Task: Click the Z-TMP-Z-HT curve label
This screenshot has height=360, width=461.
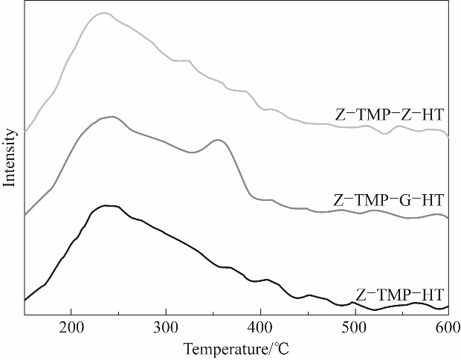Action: [x=390, y=115]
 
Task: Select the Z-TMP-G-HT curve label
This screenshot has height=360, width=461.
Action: [x=389, y=200]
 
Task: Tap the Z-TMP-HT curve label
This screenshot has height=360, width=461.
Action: [x=401, y=294]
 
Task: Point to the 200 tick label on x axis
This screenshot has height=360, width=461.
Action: [x=71, y=329]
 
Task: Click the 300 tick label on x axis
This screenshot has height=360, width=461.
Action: [x=166, y=329]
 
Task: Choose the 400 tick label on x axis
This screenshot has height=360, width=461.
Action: [x=260, y=329]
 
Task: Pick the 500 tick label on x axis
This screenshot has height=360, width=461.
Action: [x=355, y=329]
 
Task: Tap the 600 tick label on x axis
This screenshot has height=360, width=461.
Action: [x=448, y=329]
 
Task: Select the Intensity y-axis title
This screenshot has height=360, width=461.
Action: [x=10, y=157]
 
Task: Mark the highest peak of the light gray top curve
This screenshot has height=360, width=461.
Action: [x=103, y=13]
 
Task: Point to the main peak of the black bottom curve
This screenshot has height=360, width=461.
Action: [x=107, y=205]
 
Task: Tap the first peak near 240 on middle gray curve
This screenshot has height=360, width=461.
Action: [x=111, y=117]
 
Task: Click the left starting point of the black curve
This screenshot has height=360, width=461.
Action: [x=25, y=300]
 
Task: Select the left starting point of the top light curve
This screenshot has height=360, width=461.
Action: [x=25, y=132]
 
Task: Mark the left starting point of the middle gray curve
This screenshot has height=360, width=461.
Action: [x=25, y=216]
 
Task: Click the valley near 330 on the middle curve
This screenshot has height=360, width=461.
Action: [x=192, y=152]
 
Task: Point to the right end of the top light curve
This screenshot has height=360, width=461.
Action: [x=448, y=135]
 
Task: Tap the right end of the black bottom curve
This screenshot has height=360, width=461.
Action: [x=448, y=306]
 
